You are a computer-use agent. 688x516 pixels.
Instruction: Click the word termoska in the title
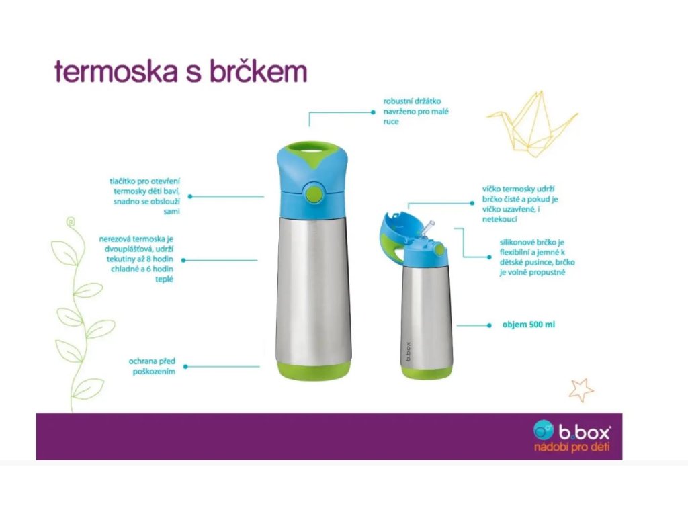(117, 71)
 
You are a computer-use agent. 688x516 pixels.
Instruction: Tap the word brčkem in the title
(258, 71)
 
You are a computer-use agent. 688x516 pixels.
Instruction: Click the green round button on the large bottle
(314, 191)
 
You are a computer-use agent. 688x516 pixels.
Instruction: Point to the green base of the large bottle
(313, 372)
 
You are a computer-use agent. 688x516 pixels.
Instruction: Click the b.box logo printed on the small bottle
(408, 351)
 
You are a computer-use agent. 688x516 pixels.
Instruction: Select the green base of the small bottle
(427, 374)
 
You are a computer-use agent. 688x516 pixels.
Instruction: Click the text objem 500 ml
(528, 325)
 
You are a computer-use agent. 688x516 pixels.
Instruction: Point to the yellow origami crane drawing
(532, 124)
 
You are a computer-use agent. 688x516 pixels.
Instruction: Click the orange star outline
(581, 390)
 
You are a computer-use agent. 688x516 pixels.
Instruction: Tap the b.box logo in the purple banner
(571, 431)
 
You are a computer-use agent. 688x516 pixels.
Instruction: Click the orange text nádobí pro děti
(572, 447)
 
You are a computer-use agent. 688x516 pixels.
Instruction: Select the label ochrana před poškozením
(152, 366)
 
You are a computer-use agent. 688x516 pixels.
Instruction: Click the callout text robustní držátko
(412, 101)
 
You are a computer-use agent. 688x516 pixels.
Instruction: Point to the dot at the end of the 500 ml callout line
(489, 325)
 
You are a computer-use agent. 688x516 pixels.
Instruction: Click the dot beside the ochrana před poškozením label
(185, 366)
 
